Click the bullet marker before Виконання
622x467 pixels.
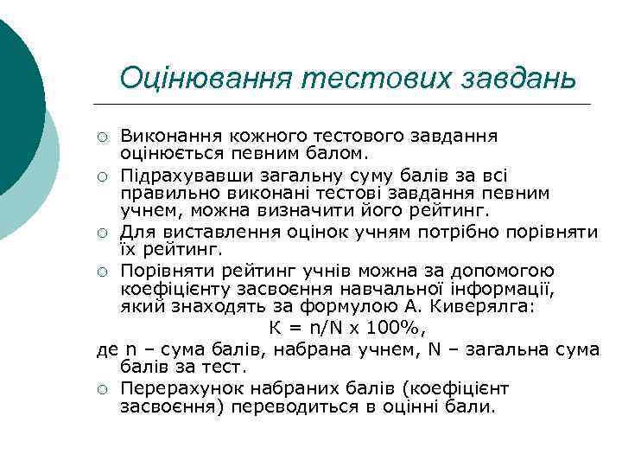103,137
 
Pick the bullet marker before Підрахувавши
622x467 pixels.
103,177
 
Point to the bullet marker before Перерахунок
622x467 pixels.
103,389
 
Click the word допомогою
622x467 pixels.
506,271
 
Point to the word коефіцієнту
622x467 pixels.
170,289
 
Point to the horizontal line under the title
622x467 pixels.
346,104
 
